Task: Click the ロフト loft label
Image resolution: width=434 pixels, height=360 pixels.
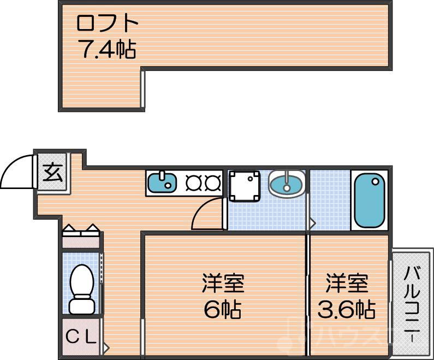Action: click(107, 25)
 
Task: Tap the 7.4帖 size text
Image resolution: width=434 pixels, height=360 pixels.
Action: click(107, 50)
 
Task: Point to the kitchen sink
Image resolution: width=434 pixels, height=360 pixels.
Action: click(161, 182)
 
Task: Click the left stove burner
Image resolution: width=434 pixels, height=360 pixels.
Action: click(194, 182)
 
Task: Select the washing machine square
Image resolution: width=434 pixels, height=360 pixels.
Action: click(244, 186)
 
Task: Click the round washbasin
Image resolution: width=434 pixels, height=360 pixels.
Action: click(287, 183)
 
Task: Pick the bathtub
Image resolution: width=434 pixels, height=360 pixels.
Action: click(370, 201)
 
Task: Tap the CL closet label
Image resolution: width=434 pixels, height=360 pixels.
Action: click(81, 335)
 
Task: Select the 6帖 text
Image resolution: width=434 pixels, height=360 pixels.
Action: click(223, 310)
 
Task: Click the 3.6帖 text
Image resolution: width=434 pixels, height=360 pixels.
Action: click(347, 310)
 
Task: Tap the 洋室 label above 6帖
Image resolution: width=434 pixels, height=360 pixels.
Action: click(223, 284)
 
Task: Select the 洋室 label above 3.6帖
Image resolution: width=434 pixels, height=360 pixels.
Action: click(347, 284)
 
